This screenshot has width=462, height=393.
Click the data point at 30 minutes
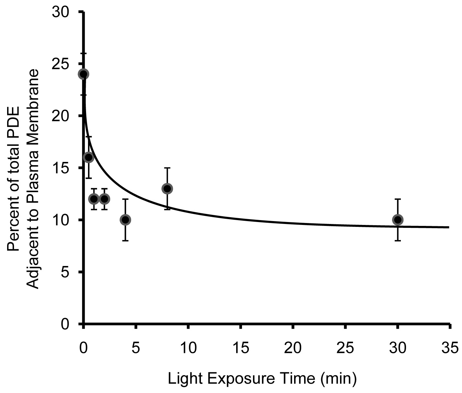[x=398, y=220]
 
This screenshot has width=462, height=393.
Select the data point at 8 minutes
[x=167, y=188]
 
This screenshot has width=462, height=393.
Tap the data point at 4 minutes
[x=125, y=220]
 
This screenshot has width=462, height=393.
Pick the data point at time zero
[x=83, y=74]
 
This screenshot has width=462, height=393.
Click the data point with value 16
[x=89, y=157]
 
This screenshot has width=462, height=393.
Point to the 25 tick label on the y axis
[x=61, y=64]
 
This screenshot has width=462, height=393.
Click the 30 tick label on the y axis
[x=61, y=12]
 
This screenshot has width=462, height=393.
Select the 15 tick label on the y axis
[x=61, y=168]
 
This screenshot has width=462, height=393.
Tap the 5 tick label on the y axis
[x=66, y=272]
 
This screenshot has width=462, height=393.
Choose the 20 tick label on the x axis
[x=293, y=349]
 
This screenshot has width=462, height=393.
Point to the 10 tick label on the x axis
[x=188, y=349]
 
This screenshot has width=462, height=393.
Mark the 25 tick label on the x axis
[x=346, y=349]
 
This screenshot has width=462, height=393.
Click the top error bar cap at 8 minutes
[x=167, y=168]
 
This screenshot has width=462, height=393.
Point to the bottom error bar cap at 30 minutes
[x=398, y=240]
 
